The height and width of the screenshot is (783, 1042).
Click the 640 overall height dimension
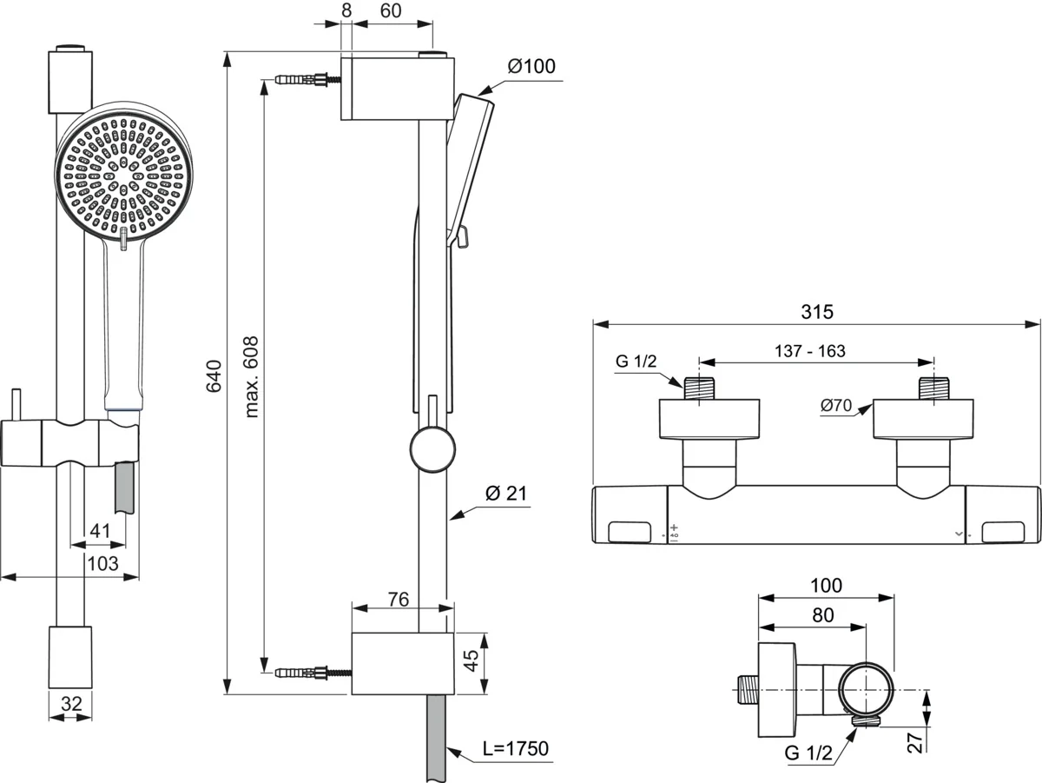(x=214, y=376)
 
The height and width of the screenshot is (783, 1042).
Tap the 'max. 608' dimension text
(x=251, y=377)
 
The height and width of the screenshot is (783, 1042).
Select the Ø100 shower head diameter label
(x=531, y=66)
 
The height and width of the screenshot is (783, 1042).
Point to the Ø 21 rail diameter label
(x=506, y=493)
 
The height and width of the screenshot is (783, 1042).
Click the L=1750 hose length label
(x=516, y=748)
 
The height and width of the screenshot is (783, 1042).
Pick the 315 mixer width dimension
(x=817, y=312)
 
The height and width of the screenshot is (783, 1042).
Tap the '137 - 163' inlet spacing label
(x=810, y=350)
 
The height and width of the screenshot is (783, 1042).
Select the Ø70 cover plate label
(x=836, y=405)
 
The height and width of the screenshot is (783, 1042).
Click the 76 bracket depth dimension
(x=399, y=600)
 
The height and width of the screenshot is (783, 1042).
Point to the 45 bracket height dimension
(x=471, y=660)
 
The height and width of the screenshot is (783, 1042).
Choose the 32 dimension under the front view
(x=71, y=704)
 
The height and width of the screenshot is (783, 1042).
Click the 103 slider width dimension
(x=103, y=564)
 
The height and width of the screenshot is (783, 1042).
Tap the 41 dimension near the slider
(x=100, y=531)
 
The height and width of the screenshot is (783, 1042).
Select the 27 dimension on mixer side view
(x=915, y=741)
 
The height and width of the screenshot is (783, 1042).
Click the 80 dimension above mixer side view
(x=822, y=615)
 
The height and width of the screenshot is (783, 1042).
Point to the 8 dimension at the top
(x=346, y=10)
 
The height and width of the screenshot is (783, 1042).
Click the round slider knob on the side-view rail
(x=433, y=449)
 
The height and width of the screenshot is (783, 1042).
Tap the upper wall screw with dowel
(x=307, y=79)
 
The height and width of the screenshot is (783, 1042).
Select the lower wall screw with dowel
(x=313, y=673)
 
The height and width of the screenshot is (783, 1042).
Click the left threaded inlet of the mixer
(x=699, y=388)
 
